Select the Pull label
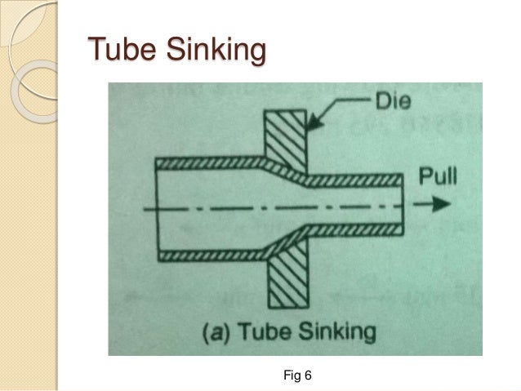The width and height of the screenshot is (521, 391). point(441,175)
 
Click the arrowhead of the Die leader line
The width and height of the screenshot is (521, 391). point(312,126)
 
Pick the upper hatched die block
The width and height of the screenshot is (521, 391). point(286,135)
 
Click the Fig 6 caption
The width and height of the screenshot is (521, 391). point(296,375)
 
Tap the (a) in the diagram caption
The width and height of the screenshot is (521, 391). point(214,333)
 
